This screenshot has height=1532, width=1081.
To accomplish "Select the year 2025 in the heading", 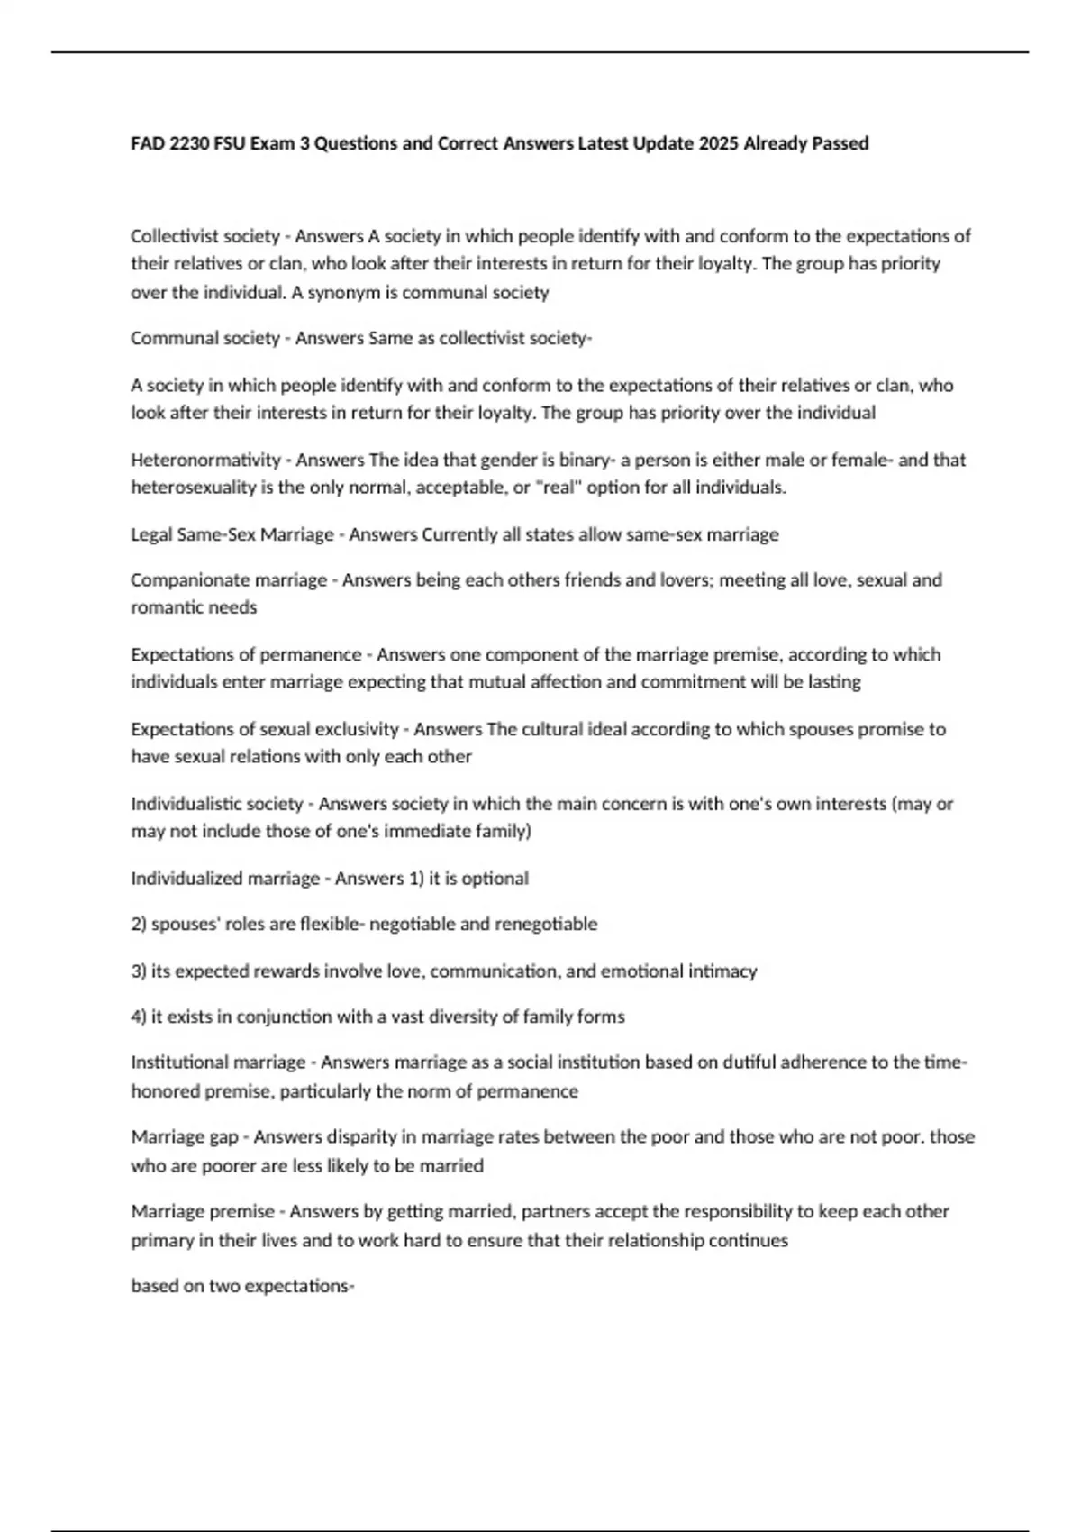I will (x=717, y=143).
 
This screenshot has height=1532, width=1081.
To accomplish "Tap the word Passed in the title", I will (x=840, y=143).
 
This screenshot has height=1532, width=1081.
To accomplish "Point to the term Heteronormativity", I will (x=205, y=460).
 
